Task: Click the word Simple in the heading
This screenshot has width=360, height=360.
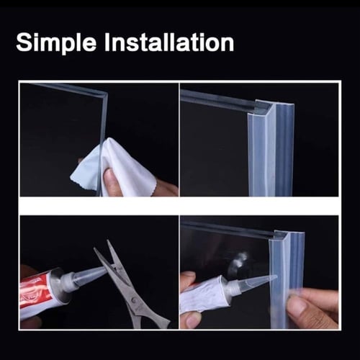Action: (56, 42)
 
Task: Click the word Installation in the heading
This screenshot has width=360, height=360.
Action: (169, 42)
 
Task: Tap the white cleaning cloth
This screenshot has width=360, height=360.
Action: (115, 168)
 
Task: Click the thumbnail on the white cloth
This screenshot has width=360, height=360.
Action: (109, 175)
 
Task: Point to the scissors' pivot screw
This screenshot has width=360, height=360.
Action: (134, 300)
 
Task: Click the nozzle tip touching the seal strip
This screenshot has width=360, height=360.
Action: (276, 276)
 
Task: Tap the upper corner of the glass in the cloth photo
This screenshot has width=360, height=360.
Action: (106, 92)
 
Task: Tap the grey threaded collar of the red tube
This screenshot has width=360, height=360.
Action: (66, 280)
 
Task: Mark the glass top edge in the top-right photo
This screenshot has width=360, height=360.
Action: (217, 99)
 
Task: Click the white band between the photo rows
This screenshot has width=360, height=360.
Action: (179, 206)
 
